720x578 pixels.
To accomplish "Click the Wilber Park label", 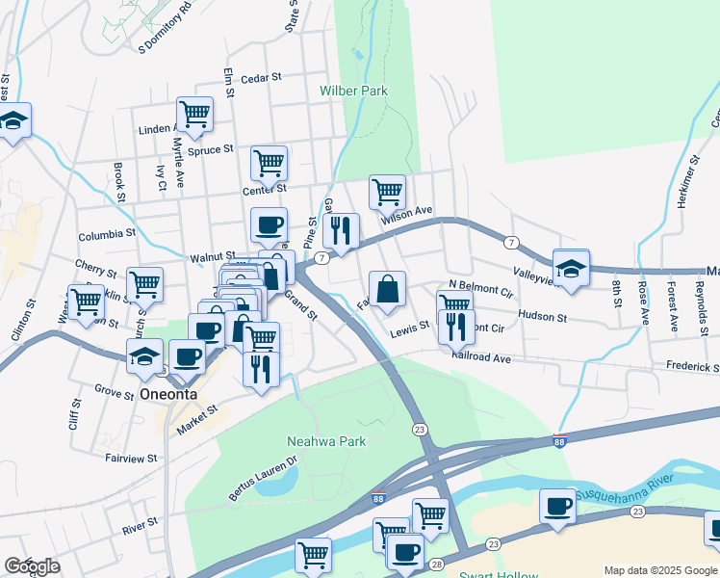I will click(353, 92).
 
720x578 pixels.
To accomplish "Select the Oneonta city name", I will click(167, 395).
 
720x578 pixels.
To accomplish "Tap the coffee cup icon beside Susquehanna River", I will click(557, 507).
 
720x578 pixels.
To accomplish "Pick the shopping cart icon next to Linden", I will click(194, 114).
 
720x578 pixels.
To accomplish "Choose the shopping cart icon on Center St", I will click(269, 162).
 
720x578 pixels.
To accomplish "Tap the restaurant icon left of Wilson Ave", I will click(340, 230).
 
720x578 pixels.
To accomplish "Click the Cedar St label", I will click(261, 78).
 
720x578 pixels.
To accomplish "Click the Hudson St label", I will click(543, 315).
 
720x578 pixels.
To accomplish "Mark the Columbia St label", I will click(107, 235).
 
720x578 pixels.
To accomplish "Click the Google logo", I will click(32, 566).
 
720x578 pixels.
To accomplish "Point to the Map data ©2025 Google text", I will click(660, 570).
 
